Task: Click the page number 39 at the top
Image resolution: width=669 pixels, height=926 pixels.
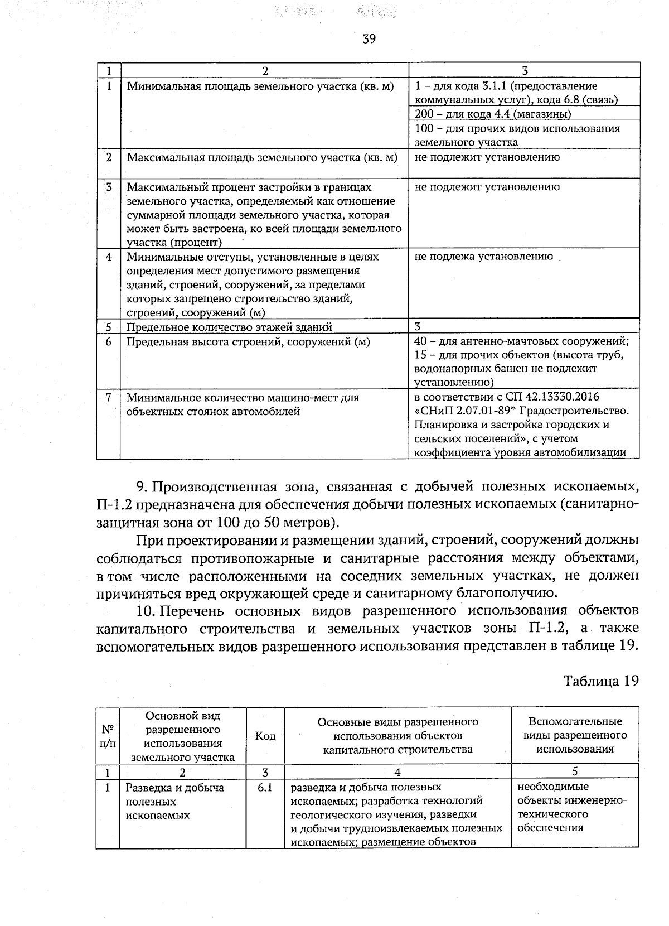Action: coord(369,38)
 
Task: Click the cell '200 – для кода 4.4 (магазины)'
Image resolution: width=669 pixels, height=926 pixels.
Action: coord(493,114)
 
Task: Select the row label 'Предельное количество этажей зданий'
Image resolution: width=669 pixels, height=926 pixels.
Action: coord(229,327)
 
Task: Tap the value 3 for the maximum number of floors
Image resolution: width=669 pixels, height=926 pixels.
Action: coord(418,326)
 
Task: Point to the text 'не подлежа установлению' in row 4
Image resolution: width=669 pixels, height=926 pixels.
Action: coord(484,257)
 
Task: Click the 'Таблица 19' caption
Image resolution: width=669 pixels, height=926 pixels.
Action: coord(600,681)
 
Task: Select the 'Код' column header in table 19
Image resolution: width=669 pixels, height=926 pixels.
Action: coord(265,736)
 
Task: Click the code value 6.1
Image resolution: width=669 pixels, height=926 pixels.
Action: coord(265,788)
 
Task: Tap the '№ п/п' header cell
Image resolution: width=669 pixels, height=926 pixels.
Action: coord(108,736)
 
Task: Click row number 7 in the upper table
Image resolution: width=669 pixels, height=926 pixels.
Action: coord(109,397)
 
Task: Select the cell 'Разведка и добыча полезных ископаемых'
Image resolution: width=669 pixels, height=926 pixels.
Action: coord(174,802)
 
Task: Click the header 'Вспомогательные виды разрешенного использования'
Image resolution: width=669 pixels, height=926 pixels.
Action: coord(575,735)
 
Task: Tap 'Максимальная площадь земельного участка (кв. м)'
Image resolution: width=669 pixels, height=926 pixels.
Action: coord(262,157)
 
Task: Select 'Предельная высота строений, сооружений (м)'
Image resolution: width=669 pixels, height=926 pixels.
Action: coord(248,341)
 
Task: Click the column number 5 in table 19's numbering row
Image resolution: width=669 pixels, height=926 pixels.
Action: coord(575,772)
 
